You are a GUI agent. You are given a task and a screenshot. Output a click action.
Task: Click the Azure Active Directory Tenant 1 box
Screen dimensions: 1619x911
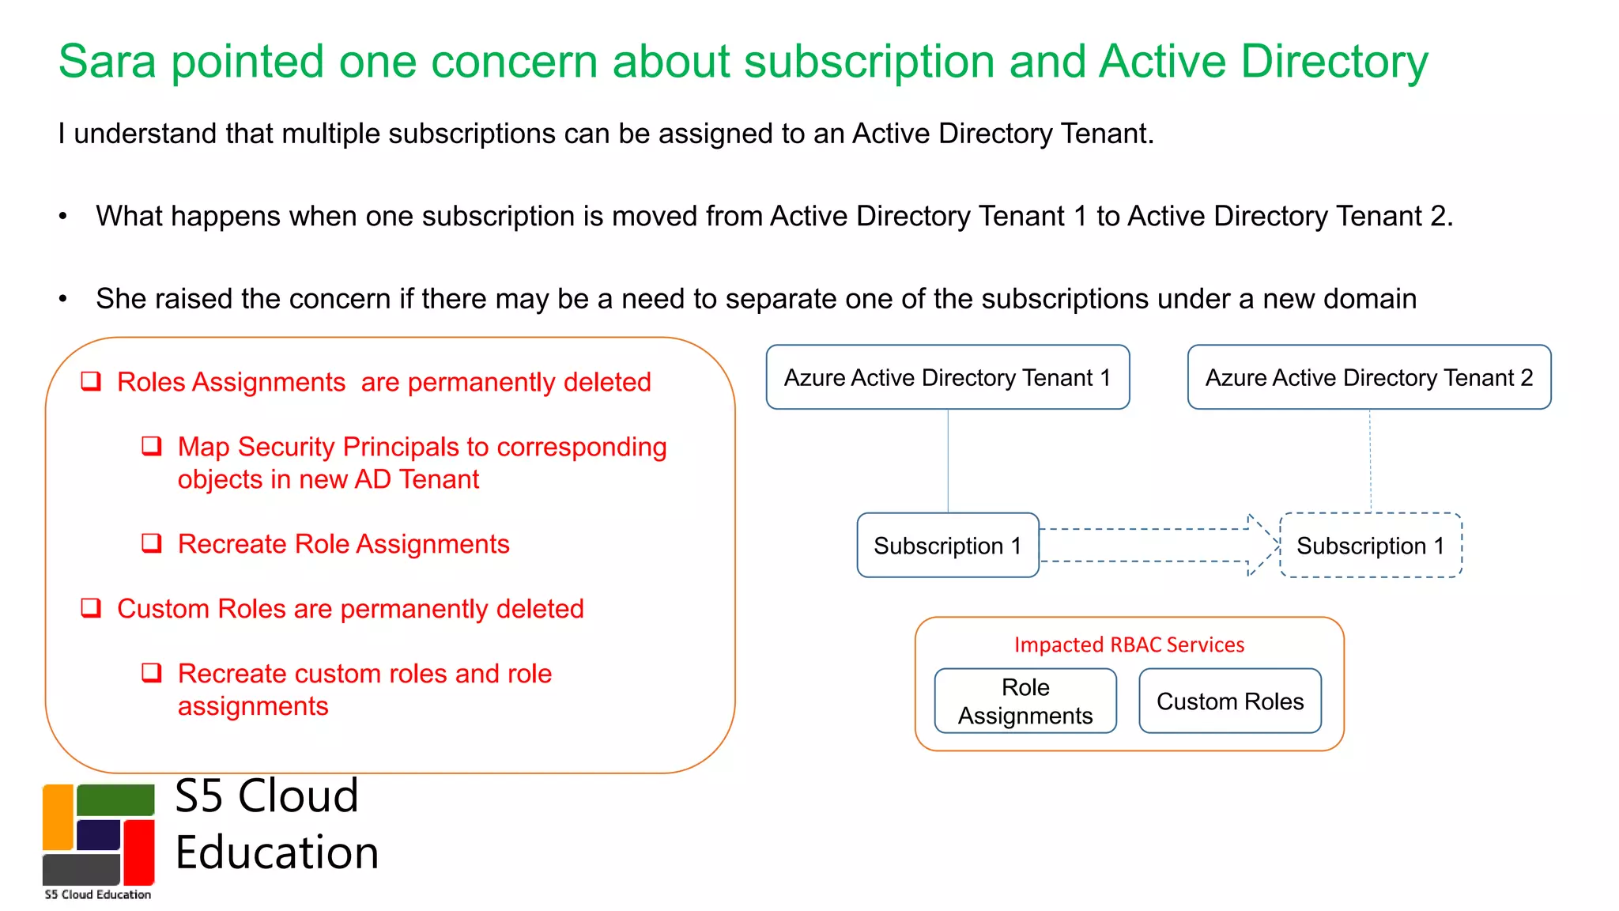(x=947, y=377)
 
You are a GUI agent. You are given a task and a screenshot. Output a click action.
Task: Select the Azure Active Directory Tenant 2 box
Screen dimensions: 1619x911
(x=1368, y=377)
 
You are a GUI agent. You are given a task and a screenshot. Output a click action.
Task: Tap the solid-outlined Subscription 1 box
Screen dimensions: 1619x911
(x=947, y=546)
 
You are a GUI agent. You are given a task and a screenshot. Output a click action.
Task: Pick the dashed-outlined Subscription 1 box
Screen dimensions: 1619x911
(x=1370, y=546)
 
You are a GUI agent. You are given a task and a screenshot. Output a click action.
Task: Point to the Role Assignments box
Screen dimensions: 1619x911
(x=1025, y=701)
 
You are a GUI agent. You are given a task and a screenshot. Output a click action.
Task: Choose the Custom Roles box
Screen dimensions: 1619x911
(x=1229, y=701)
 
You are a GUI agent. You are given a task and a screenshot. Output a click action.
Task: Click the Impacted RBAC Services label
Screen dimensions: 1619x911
(x=1129, y=645)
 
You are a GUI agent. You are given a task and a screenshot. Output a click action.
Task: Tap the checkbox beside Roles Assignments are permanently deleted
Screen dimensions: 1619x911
(x=92, y=382)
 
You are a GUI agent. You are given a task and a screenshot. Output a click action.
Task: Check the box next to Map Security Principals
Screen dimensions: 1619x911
(x=152, y=447)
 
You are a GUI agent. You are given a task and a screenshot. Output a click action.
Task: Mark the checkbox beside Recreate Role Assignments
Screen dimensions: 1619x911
(x=152, y=543)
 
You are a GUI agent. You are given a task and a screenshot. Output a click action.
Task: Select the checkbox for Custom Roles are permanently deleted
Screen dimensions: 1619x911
(x=92, y=608)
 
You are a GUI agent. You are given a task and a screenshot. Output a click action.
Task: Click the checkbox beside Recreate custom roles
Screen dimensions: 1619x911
(x=152, y=673)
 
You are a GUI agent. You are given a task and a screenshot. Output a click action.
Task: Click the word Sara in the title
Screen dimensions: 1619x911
(x=108, y=62)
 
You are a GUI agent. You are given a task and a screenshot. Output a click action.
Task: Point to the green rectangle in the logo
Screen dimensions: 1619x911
(x=115, y=800)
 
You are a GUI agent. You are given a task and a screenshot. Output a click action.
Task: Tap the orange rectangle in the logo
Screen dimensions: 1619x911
(x=58, y=816)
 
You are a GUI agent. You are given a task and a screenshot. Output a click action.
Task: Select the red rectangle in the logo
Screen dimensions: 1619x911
(x=139, y=852)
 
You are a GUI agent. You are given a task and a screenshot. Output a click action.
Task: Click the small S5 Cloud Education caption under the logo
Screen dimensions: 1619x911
(x=98, y=894)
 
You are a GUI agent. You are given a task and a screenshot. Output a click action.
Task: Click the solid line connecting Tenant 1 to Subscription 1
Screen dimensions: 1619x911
(x=948, y=460)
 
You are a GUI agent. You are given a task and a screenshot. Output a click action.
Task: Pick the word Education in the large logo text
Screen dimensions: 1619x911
(x=277, y=852)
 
